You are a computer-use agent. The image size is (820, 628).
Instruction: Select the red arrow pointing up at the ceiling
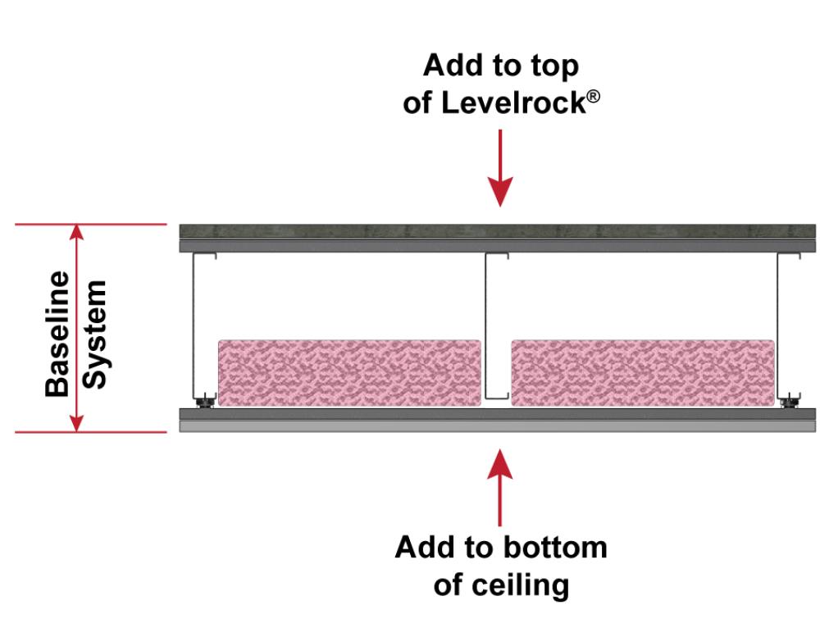[500, 485]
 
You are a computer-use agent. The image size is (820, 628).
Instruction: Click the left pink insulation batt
[349, 373]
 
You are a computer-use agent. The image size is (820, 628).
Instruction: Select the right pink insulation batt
[643, 373]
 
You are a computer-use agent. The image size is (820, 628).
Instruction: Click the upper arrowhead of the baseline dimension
[76, 234]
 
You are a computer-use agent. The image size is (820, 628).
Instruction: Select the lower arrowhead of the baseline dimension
[76, 421]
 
